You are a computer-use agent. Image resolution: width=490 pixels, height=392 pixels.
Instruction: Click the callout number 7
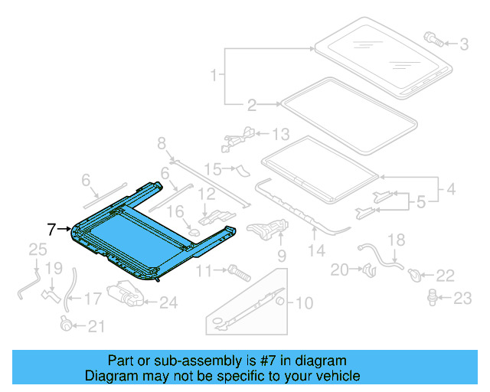(x=51, y=229)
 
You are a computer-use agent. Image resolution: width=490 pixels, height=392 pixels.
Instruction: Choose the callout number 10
(x=304, y=303)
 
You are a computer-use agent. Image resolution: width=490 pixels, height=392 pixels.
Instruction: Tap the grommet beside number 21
(x=67, y=325)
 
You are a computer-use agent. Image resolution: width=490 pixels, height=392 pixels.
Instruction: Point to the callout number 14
(x=316, y=250)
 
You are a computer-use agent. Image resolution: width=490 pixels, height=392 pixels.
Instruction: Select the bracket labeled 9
(x=267, y=228)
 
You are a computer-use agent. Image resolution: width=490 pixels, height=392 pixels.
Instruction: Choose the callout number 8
(x=162, y=142)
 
